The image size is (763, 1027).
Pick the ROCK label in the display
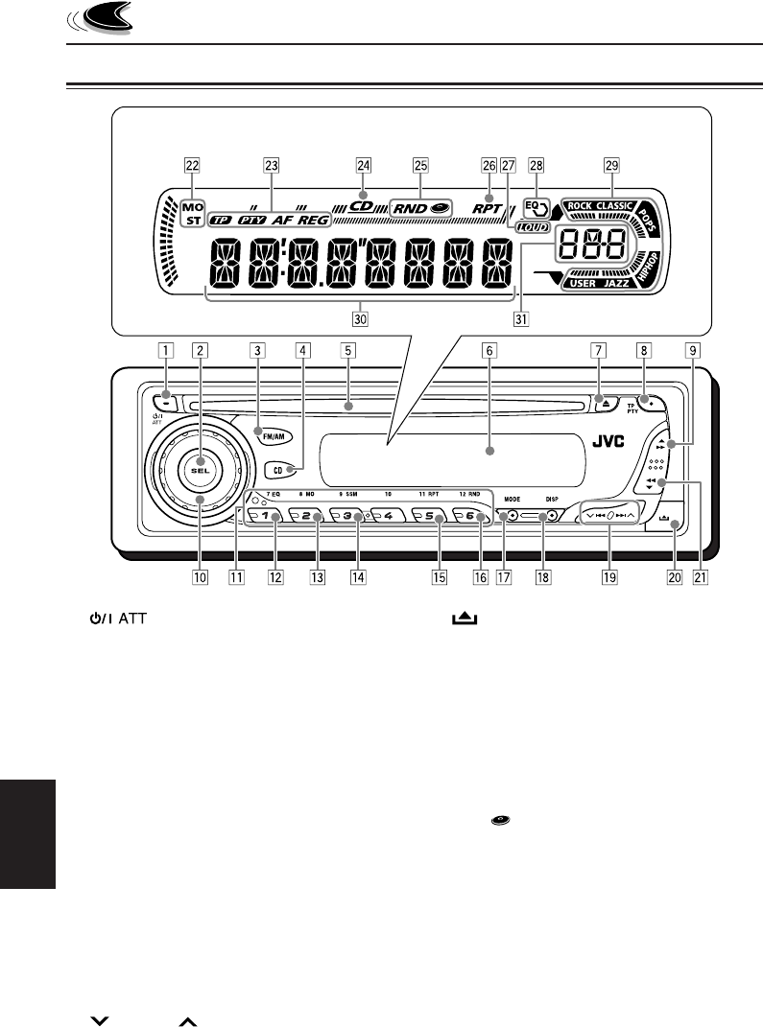[x=580, y=205]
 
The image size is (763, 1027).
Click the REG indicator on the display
[x=312, y=220]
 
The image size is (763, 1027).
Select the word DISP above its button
[x=552, y=499]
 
